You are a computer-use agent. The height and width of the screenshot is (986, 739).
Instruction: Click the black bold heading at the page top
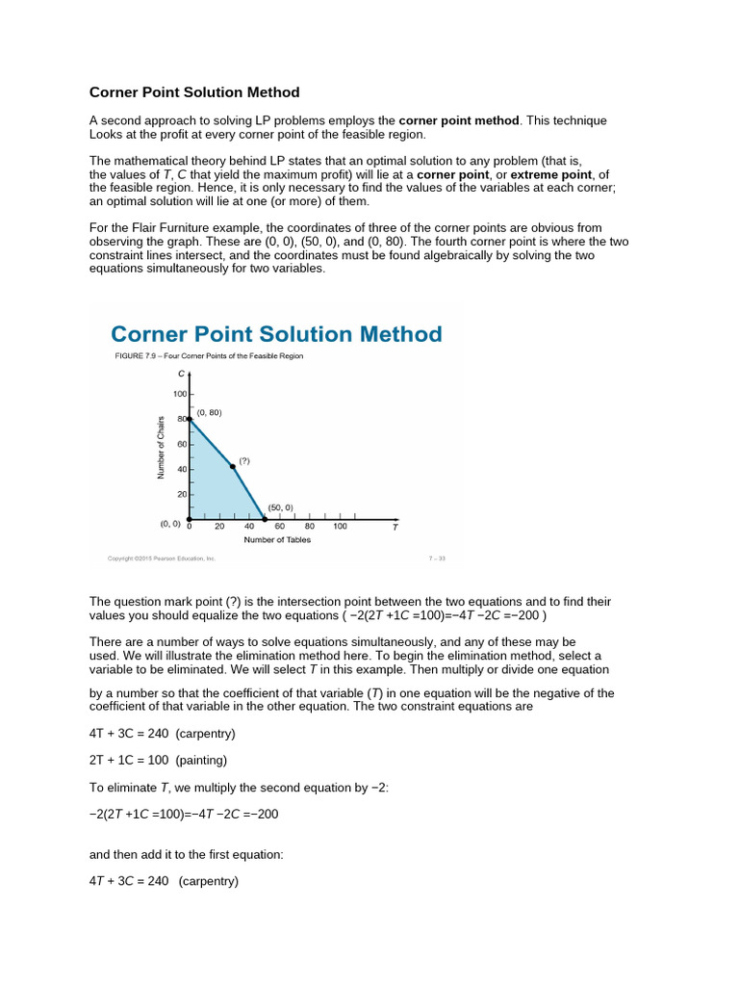click(x=194, y=92)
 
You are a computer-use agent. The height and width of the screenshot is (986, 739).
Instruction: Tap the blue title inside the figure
click(x=276, y=334)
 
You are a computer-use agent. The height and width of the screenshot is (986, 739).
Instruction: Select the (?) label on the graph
click(x=244, y=460)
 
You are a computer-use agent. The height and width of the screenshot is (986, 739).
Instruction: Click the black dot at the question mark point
click(x=233, y=467)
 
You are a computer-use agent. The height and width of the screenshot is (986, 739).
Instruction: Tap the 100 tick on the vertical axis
click(x=180, y=394)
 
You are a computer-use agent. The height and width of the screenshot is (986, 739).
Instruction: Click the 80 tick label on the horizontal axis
click(x=310, y=526)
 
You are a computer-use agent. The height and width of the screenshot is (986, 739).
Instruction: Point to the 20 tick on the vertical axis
click(x=181, y=493)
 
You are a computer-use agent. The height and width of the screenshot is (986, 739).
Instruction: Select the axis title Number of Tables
click(x=277, y=539)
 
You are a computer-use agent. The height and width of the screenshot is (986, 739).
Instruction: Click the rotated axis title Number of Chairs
click(x=161, y=446)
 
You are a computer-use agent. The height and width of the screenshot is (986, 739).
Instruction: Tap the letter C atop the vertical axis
click(x=181, y=373)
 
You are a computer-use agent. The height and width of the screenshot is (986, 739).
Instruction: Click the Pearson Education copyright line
click(x=159, y=558)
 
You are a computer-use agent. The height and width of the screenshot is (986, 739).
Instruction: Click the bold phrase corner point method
click(x=459, y=120)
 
